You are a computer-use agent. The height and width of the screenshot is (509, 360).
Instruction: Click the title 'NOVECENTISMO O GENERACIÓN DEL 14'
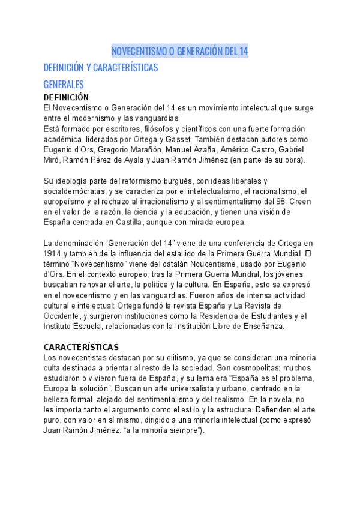coord(180,51)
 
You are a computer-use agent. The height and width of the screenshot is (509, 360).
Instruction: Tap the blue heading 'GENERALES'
coord(63,85)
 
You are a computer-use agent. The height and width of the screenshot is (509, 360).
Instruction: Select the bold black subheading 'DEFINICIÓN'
coord(66,97)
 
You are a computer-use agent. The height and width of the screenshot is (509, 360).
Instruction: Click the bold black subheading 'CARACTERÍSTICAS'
coord(81,347)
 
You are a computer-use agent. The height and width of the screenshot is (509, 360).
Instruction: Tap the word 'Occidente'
coord(62,316)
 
